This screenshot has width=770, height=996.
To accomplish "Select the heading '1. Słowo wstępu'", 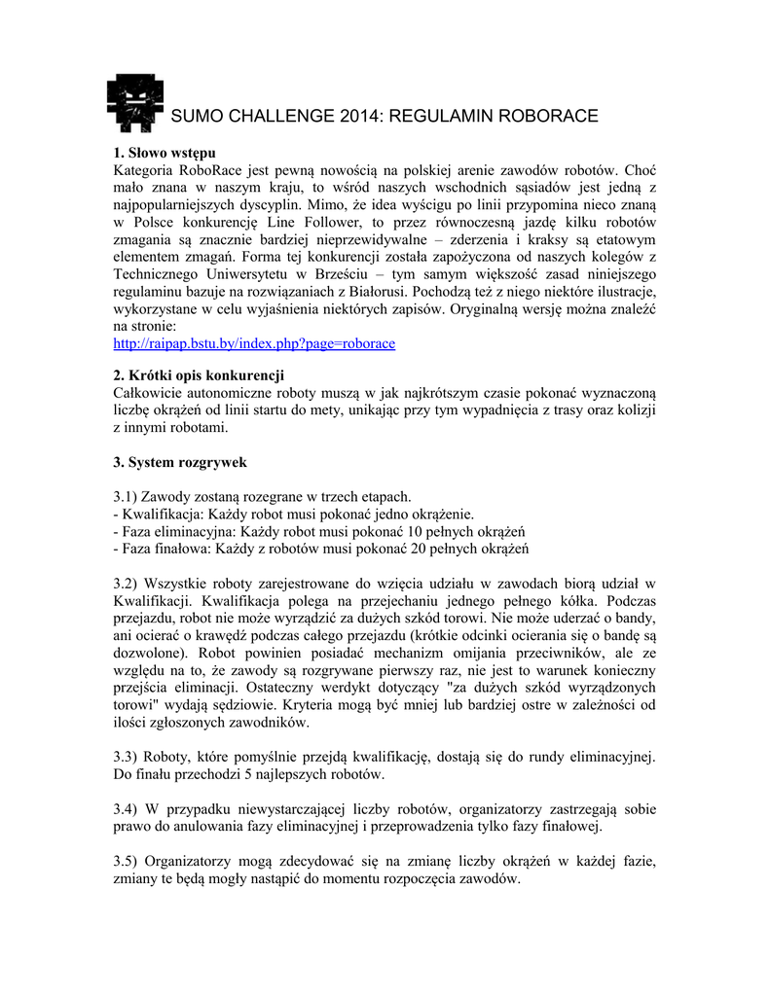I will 165,153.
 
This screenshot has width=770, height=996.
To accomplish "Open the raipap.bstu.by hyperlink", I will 255,343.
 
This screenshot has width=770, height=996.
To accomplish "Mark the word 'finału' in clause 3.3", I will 154,775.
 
